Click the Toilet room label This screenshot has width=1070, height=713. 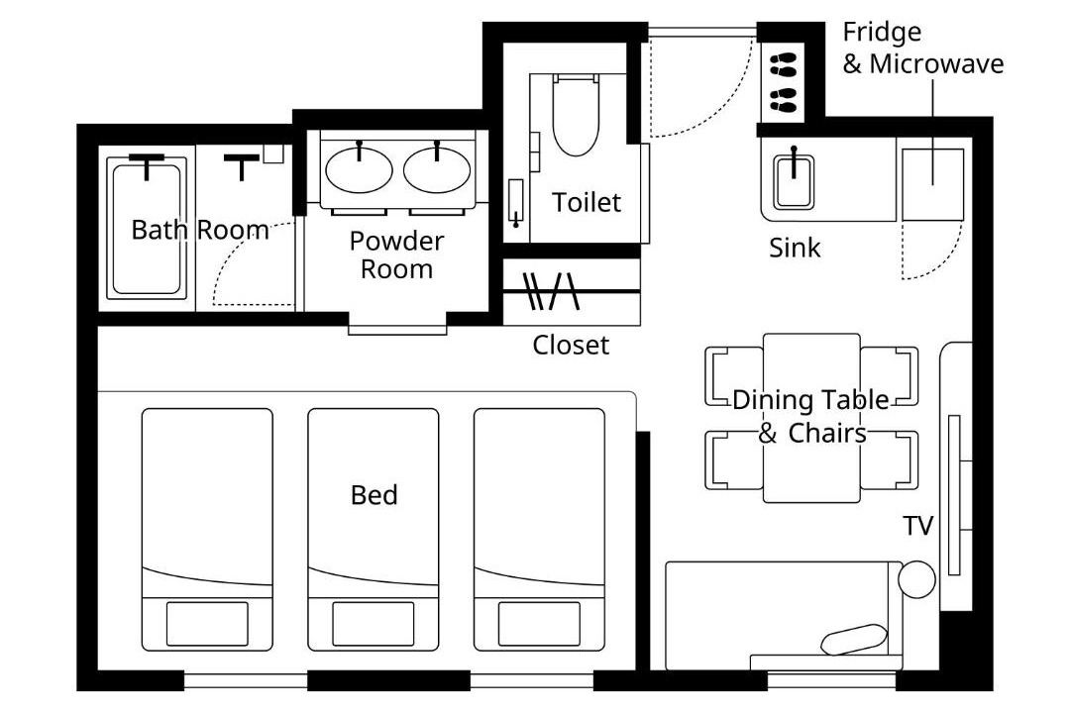tap(587, 202)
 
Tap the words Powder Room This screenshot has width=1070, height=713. tap(396, 255)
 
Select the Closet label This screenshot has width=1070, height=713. tap(571, 345)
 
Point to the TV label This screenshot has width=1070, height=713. tap(917, 526)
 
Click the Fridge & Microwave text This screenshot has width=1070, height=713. tap(922, 48)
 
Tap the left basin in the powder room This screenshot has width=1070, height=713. tap(359, 169)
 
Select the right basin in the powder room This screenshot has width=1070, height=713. tap(437, 169)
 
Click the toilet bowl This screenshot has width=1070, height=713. tap(577, 115)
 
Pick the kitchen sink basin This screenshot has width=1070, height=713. tap(794, 182)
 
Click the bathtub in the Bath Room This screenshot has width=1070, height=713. tap(147, 228)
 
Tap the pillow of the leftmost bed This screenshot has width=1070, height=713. tap(207, 624)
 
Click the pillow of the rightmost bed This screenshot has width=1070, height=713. tap(539, 624)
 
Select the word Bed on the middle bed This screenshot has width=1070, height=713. tap(374, 495)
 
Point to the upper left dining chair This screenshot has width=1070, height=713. tap(734, 376)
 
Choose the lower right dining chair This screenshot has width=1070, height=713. tap(889, 460)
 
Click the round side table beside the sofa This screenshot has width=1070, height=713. tap(916, 579)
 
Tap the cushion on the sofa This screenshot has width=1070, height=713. tap(854, 640)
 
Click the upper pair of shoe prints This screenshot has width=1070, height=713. tap(784, 65)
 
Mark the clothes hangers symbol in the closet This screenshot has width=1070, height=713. tap(551, 291)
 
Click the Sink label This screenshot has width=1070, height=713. tap(795, 248)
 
